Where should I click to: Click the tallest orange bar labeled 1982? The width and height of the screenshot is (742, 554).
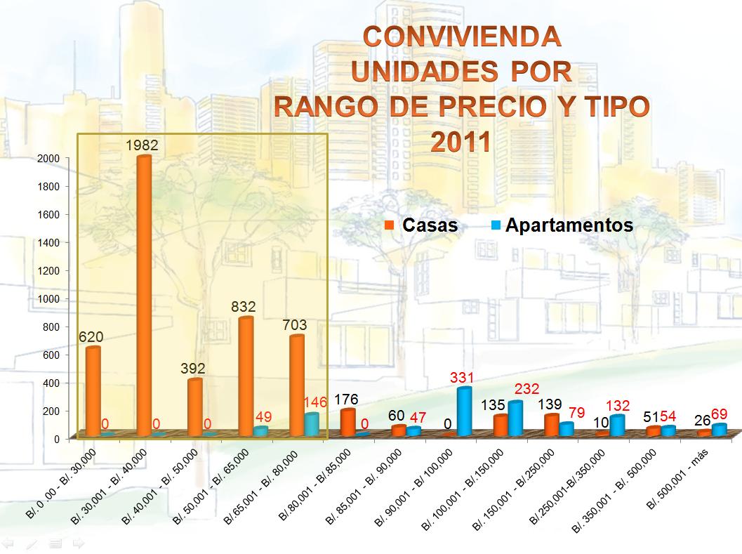[x=143, y=295]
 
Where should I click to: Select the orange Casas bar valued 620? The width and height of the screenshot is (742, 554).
[x=93, y=390]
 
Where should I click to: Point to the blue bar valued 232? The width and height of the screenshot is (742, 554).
[x=515, y=418]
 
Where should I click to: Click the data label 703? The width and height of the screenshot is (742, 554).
[x=293, y=325]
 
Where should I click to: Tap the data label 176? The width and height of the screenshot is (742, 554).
[x=346, y=400]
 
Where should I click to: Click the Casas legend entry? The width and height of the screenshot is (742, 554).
[x=422, y=225]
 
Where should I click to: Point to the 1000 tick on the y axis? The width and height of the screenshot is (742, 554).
[x=49, y=298]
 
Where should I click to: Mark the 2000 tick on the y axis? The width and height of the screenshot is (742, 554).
[x=49, y=159]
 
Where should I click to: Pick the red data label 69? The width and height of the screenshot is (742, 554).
[x=719, y=414]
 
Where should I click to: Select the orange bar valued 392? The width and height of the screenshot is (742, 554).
[x=194, y=407]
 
